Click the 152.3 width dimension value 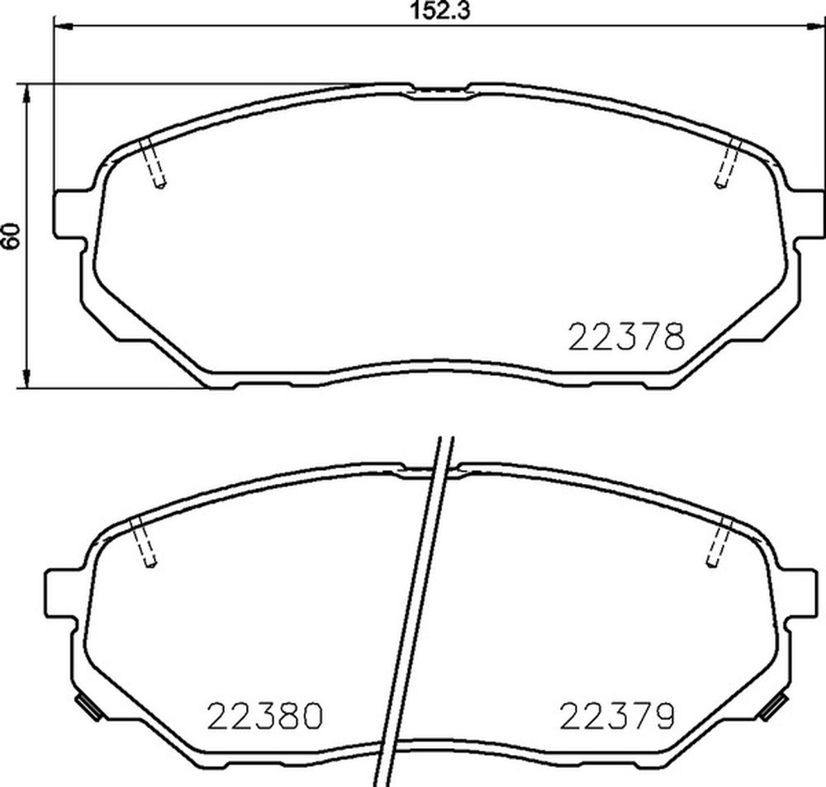pyautogui.click(x=440, y=11)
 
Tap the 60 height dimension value pyautogui.click(x=11, y=235)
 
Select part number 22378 pyautogui.click(x=627, y=336)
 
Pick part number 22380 pyautogui.click(x=264, y=715)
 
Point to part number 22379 pyautogui.click(x=617, y=715)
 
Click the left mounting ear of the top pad pyautogui.click(x=69, y=215)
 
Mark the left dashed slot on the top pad pyautogui.click(x=153, y=164)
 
